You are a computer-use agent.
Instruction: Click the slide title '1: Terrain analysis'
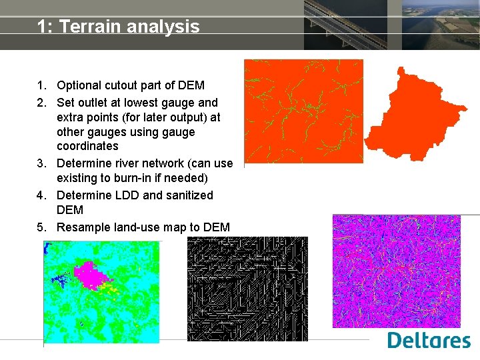[x=118, y=27]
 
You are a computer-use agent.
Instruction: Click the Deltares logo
[x=429, y=340]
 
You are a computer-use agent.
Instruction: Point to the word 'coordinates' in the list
[x=87, y=146]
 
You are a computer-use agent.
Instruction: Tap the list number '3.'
[x=42, y=163]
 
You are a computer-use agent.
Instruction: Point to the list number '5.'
[x=42, y=227]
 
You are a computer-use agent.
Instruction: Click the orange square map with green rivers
[x=303, y=111]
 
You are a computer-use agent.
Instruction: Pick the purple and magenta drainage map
[x=396, y=271]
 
